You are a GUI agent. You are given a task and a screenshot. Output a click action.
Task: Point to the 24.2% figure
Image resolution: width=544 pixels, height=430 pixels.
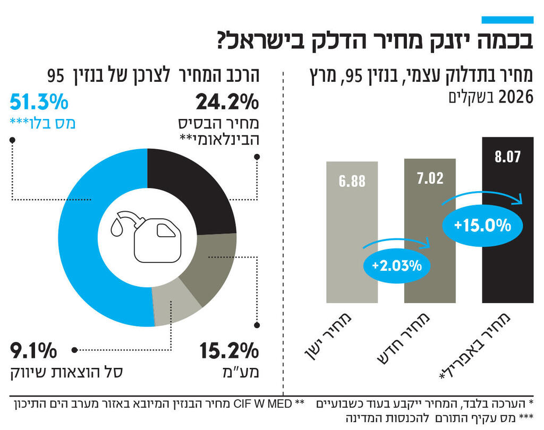coord(226,101)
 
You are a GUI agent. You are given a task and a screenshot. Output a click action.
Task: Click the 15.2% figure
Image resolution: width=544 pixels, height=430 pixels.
coord(228,351)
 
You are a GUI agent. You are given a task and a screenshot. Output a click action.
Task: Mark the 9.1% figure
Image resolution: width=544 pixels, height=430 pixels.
coord(33,351)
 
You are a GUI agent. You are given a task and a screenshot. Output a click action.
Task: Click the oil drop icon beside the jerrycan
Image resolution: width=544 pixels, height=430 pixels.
coord(117,228)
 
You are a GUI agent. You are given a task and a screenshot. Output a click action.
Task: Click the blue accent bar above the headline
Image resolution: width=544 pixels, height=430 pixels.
coord(507,20)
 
